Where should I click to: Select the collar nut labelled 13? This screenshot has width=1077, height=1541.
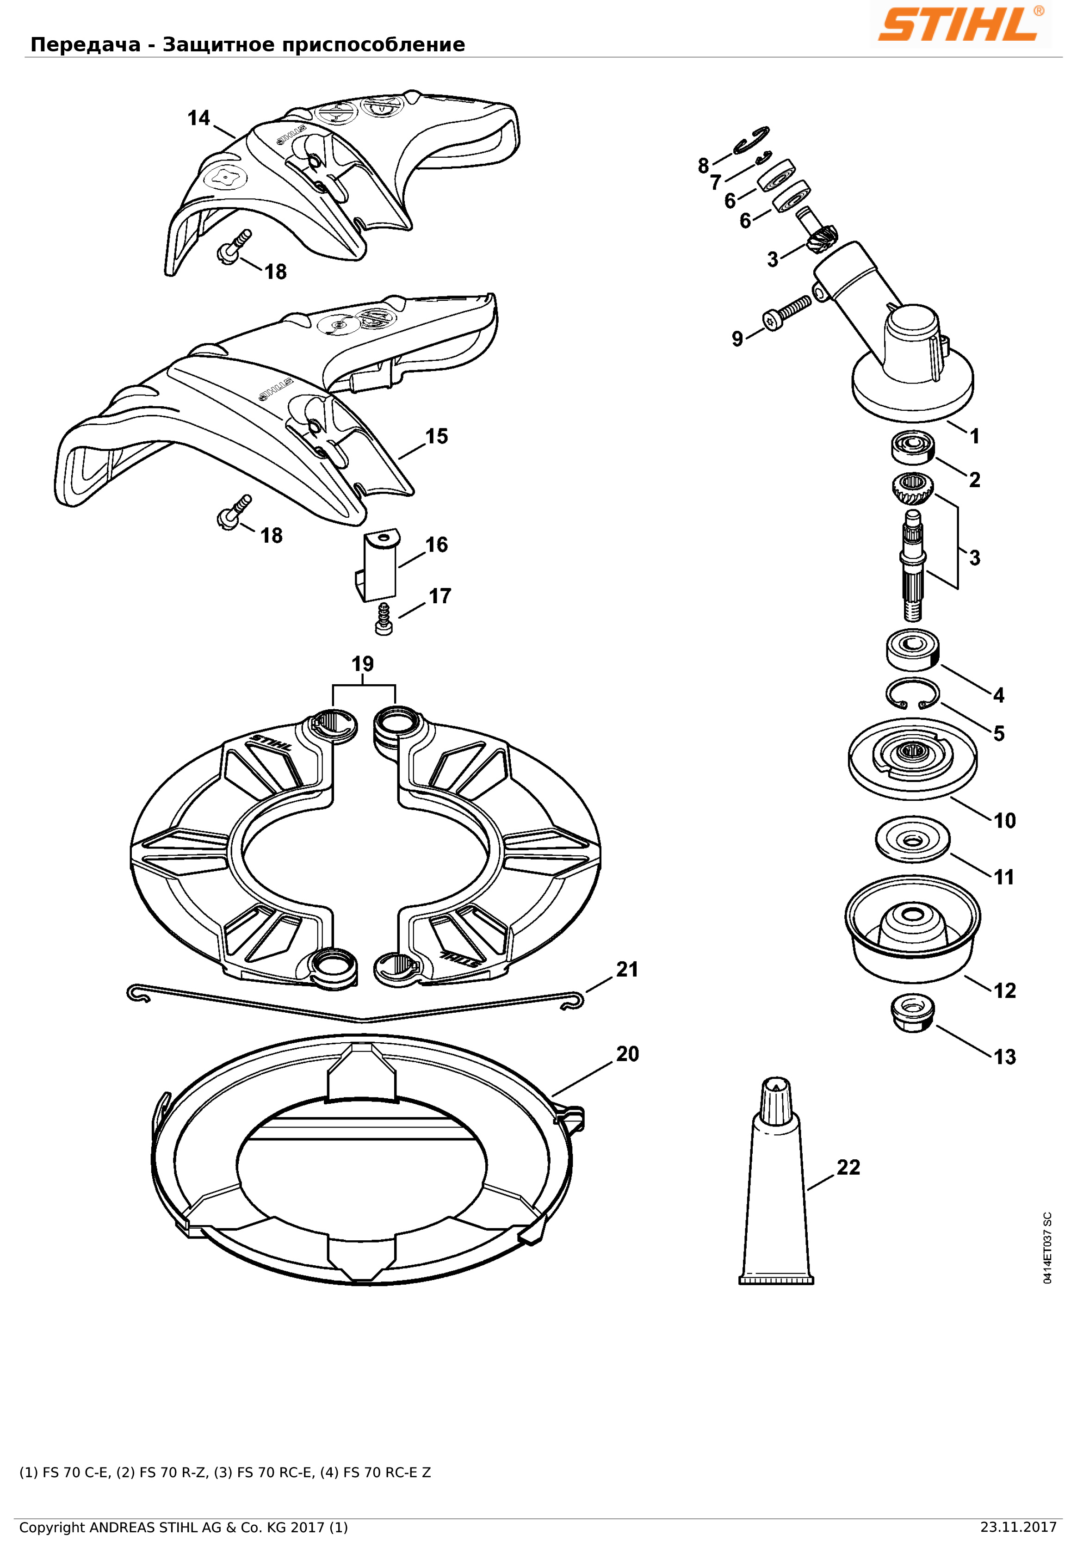pos(912,1013)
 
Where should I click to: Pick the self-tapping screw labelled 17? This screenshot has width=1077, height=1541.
pos(384,618)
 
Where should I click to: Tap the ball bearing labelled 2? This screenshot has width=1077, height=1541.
pos(913,447)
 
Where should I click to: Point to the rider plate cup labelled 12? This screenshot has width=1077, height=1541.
pos(913,929)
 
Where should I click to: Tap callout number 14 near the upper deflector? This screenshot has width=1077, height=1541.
pos(198,118)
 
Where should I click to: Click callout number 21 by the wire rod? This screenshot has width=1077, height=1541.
pos(627,969)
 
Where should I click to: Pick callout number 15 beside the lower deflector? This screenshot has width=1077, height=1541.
pos(436,436)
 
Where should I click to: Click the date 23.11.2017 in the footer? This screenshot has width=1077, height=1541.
pos(1018,1528)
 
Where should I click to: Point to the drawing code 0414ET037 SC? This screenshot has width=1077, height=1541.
pos(1047,1248)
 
